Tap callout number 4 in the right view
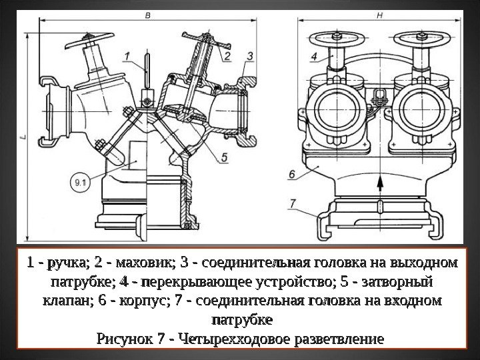point(313,58)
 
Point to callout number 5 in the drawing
point(224,157)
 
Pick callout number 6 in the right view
point(293,175)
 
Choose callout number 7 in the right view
point(293,203)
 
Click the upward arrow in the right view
point(379,183)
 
